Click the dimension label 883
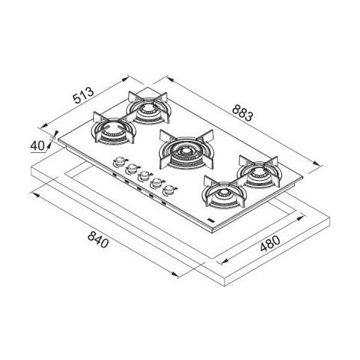click(x=240, y=113)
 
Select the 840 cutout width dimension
click(x=98, y=241)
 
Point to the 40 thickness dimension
click(x=40, y=145)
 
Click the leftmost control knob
click(x=118, y=162)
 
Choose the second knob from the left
click(x=131, y=168)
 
